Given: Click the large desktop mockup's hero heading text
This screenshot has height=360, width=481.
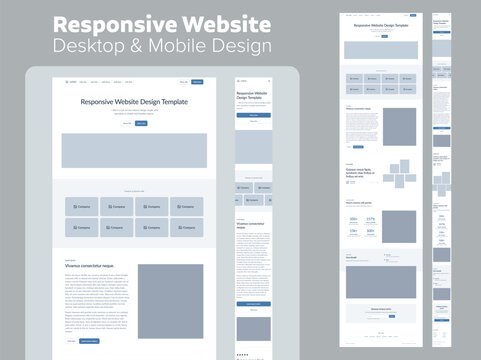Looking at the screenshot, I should tap(133, 101).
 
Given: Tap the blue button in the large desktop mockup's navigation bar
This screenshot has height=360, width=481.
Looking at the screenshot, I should tap(197, 81).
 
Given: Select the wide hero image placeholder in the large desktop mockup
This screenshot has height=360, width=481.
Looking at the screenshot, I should tap(133, 150).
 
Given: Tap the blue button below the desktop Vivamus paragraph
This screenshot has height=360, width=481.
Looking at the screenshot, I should tap(90, 341).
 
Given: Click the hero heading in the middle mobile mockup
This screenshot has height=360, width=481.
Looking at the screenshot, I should tap(251, 95).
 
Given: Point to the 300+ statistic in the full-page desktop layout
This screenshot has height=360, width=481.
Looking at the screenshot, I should tap(354, 218).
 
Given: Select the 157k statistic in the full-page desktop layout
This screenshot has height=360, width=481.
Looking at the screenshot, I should tap(370, 218).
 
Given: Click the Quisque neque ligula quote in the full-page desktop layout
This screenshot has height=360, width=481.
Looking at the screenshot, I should tap(361, 172).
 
